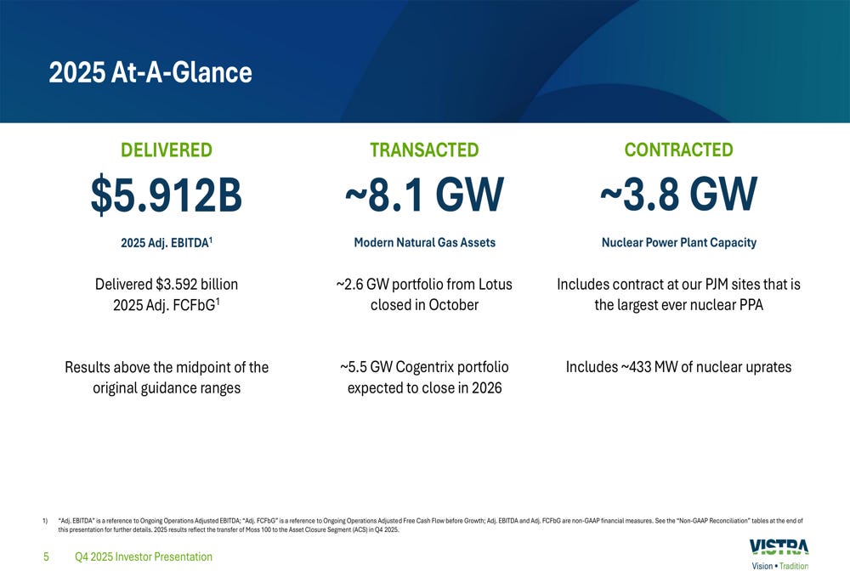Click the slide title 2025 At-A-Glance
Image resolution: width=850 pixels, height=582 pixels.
pos(150,72)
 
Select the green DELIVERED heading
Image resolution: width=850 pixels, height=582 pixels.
pos(167,150)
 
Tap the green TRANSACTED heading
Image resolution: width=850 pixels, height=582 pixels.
pos(424,150)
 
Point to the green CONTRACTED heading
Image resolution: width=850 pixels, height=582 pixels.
pos(678,150)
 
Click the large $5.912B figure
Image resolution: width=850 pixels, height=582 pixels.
pos(167,195)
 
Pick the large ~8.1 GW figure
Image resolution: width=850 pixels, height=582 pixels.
pos(424,195)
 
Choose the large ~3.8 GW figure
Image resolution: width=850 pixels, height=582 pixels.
pos(678,195)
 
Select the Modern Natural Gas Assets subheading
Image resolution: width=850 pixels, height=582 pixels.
pos(424,243)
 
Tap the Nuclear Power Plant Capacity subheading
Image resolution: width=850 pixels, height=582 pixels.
pos(678,243)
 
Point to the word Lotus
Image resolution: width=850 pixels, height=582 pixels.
pos(494,284)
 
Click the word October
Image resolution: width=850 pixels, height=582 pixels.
pos(451,304)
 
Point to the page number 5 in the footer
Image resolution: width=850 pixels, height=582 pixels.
pos(47,557)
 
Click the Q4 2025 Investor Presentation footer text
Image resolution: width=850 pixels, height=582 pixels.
pos(144,557)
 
